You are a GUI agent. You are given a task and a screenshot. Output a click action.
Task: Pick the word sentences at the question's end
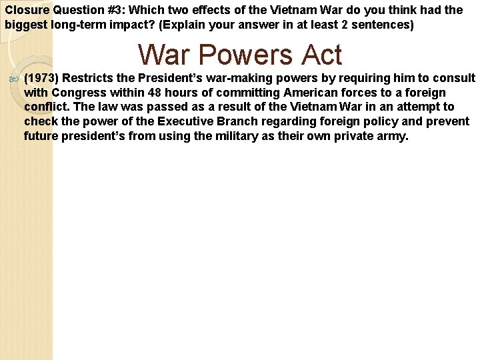381,25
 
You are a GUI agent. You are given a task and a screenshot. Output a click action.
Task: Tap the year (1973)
41,78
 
